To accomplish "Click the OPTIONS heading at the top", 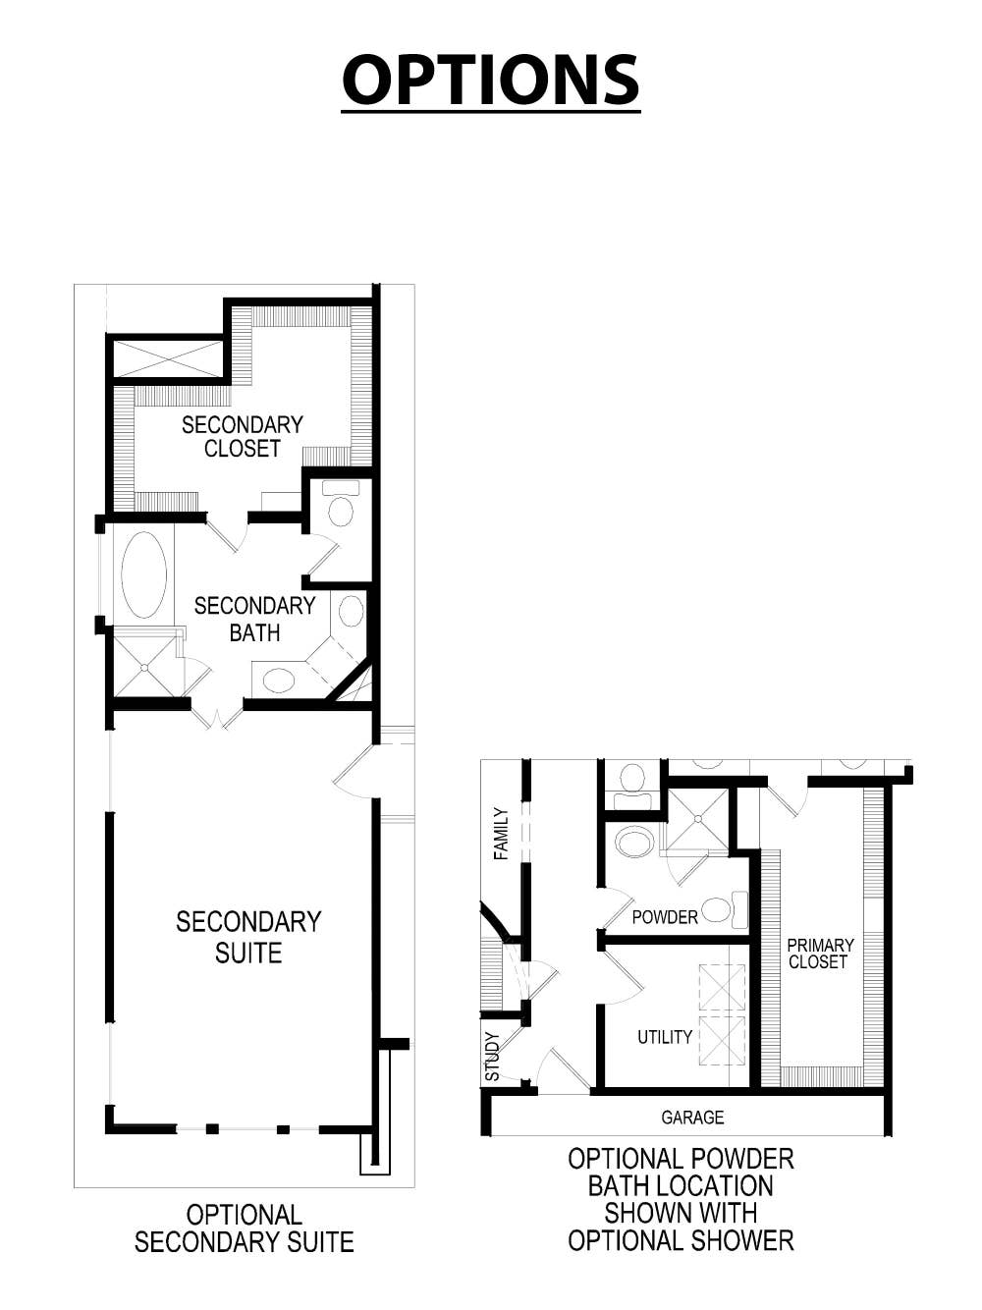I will pyautogui.click(x=490, y=80).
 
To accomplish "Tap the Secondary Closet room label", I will pyautogui.click(x=243, y=437).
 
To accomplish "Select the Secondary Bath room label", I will pyautogui.click(x=254, y=620).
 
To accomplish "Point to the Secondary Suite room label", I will pyautogui.click(x=248, y=937).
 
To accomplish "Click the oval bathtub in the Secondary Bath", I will pyautogui.click(x=144, y=575).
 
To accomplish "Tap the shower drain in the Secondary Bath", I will pyautogui.click(x=145, y=667).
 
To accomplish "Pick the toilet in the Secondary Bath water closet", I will pyautogui.click(x=341, y=508).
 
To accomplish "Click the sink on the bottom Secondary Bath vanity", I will pyautogui.click(x=280, y=680).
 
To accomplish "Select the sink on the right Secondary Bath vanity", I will pyautogui.click(x=351, y=611).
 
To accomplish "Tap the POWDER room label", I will pyautogui.click(x=665, y=917).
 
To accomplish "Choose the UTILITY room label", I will pyautogui.click(x=665, y=1037).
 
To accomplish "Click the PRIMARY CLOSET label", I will pyautogui.click(x=820, y=954).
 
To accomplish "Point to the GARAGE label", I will pyautogui.click(x=692, y=1118).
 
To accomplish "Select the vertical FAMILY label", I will pyautogui.click(x=502, y=834).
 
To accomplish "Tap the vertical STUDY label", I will pyautogui.click(x=493, y=1057).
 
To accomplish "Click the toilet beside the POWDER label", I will pyautogui.click(x=720, y=909).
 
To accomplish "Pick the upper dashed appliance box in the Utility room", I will pyautogui.click(x=722, y=987).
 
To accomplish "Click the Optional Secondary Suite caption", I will pyautogui.click(x=245, y=1228).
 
